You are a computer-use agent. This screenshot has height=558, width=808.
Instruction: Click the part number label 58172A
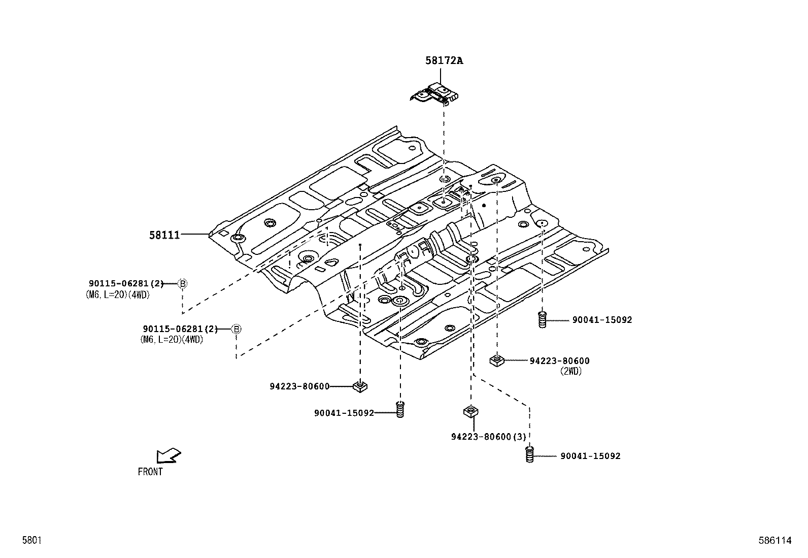coord(444,61)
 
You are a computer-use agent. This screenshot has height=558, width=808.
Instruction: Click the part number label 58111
coord(164,235)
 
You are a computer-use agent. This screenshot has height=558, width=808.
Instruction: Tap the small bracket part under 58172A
coord(435,95)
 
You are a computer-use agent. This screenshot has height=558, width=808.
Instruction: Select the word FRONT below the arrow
coord(150,472)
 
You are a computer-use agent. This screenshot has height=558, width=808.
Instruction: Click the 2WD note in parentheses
coord(571,371)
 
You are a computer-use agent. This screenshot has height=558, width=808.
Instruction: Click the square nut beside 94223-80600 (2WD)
coord(496,360)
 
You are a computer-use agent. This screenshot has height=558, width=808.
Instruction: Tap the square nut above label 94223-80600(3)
coord(470,411)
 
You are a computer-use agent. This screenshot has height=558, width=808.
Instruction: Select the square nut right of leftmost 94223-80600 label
coord(360,387)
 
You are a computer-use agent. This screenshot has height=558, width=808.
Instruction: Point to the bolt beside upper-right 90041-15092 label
coord(542,320)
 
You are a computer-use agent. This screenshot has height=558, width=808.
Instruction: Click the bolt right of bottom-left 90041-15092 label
coord(400,409)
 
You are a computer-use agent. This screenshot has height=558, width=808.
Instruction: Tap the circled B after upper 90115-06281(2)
coord(183,284)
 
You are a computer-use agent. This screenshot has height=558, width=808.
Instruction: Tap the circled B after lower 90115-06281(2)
coord(236,329)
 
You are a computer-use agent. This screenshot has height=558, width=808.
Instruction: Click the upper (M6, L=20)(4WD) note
coord(118,294)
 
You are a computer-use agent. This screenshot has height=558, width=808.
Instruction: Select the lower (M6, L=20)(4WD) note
coord(172,340)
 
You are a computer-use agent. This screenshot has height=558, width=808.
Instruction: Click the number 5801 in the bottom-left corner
coord(31,541)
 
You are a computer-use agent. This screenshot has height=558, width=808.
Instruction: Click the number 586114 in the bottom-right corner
coord(775,541)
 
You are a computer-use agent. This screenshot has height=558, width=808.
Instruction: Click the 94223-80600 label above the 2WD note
coord(559,361)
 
